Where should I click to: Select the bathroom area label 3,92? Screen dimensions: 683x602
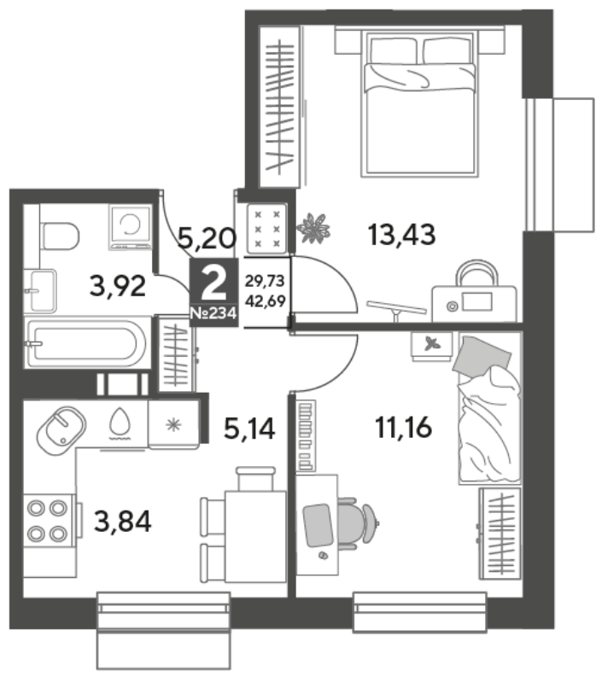[118, 285]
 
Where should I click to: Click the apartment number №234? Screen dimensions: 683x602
[213, 314]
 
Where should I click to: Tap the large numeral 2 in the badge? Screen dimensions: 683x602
[213, 281]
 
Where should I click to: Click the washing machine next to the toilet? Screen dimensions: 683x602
[130, 227]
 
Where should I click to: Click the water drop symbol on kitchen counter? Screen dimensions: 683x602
[120, 423]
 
